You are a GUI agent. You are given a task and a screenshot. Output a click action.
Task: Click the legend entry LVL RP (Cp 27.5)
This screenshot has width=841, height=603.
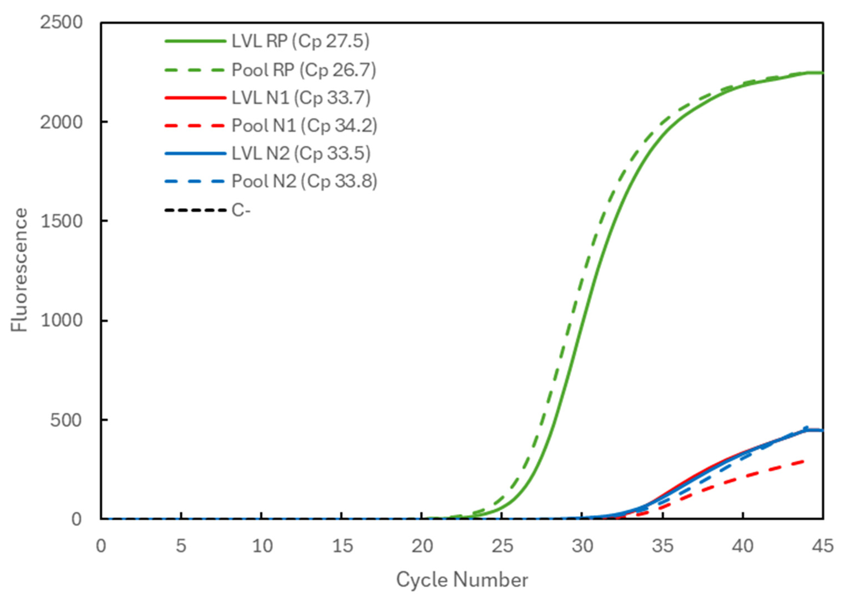(x=300, y=41)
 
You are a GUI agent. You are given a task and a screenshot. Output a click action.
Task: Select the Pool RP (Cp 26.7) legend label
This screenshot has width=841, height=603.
(x=304, y=70)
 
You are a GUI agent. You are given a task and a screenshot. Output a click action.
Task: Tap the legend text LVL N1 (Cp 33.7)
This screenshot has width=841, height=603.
(x=301, y=98)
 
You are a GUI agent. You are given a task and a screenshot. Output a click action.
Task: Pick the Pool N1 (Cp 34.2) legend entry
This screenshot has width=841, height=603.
(x=304, y=126)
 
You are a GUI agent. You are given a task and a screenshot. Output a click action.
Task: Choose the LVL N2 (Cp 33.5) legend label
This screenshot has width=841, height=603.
(x=301, y=153)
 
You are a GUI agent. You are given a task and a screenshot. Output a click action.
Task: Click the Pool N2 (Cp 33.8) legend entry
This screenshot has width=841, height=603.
(x=304, y=181)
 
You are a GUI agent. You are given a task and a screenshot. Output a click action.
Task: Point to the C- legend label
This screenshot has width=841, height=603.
(x=241, y=210)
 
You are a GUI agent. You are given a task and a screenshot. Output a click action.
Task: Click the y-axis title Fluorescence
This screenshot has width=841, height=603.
(x=19, y=270)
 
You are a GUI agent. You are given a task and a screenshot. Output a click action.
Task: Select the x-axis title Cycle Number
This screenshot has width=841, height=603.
(x=462, y=580)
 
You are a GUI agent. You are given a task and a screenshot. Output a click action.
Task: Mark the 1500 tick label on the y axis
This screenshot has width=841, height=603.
(x=61, y=221)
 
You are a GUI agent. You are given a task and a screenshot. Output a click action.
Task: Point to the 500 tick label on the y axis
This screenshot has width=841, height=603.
(x=66, y=420)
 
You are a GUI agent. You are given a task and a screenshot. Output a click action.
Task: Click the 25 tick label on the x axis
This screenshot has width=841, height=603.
(x=502, y=546)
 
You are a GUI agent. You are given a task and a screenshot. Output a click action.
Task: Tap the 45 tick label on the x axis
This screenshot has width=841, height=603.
(x=822, y=546)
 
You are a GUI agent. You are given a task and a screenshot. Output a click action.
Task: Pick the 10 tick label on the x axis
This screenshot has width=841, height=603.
(x=262, y=546)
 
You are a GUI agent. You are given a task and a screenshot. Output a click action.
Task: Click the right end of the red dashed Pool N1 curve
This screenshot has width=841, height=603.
(x=803, y=461)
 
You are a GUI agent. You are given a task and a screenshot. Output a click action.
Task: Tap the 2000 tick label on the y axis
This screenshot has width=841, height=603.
(x=61, y=122)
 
